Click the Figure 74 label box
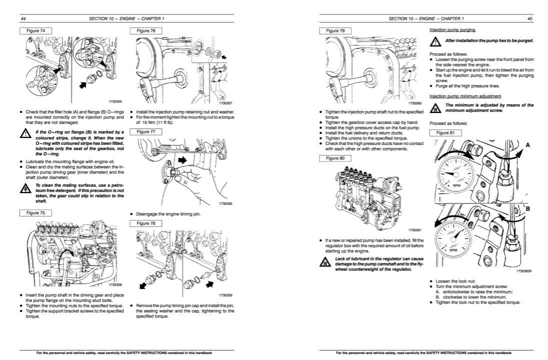pyautogui.click(x=38, y=31)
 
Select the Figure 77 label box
pyautogui.click(x=142, y=131)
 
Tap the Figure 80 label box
pyautogui.click(x=335, y=158)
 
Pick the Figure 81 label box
pyautogui.click(x=442, y=132)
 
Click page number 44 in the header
pyautogui.click(x=23, y=19)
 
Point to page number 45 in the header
pyautogui.click(x=529, y=19)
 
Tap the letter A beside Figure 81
pyautogui.click(x=527, y=144)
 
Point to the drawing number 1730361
pyautogui.click(x=414, y=229)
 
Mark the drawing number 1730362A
pyautogui.click(x=523, y=271)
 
